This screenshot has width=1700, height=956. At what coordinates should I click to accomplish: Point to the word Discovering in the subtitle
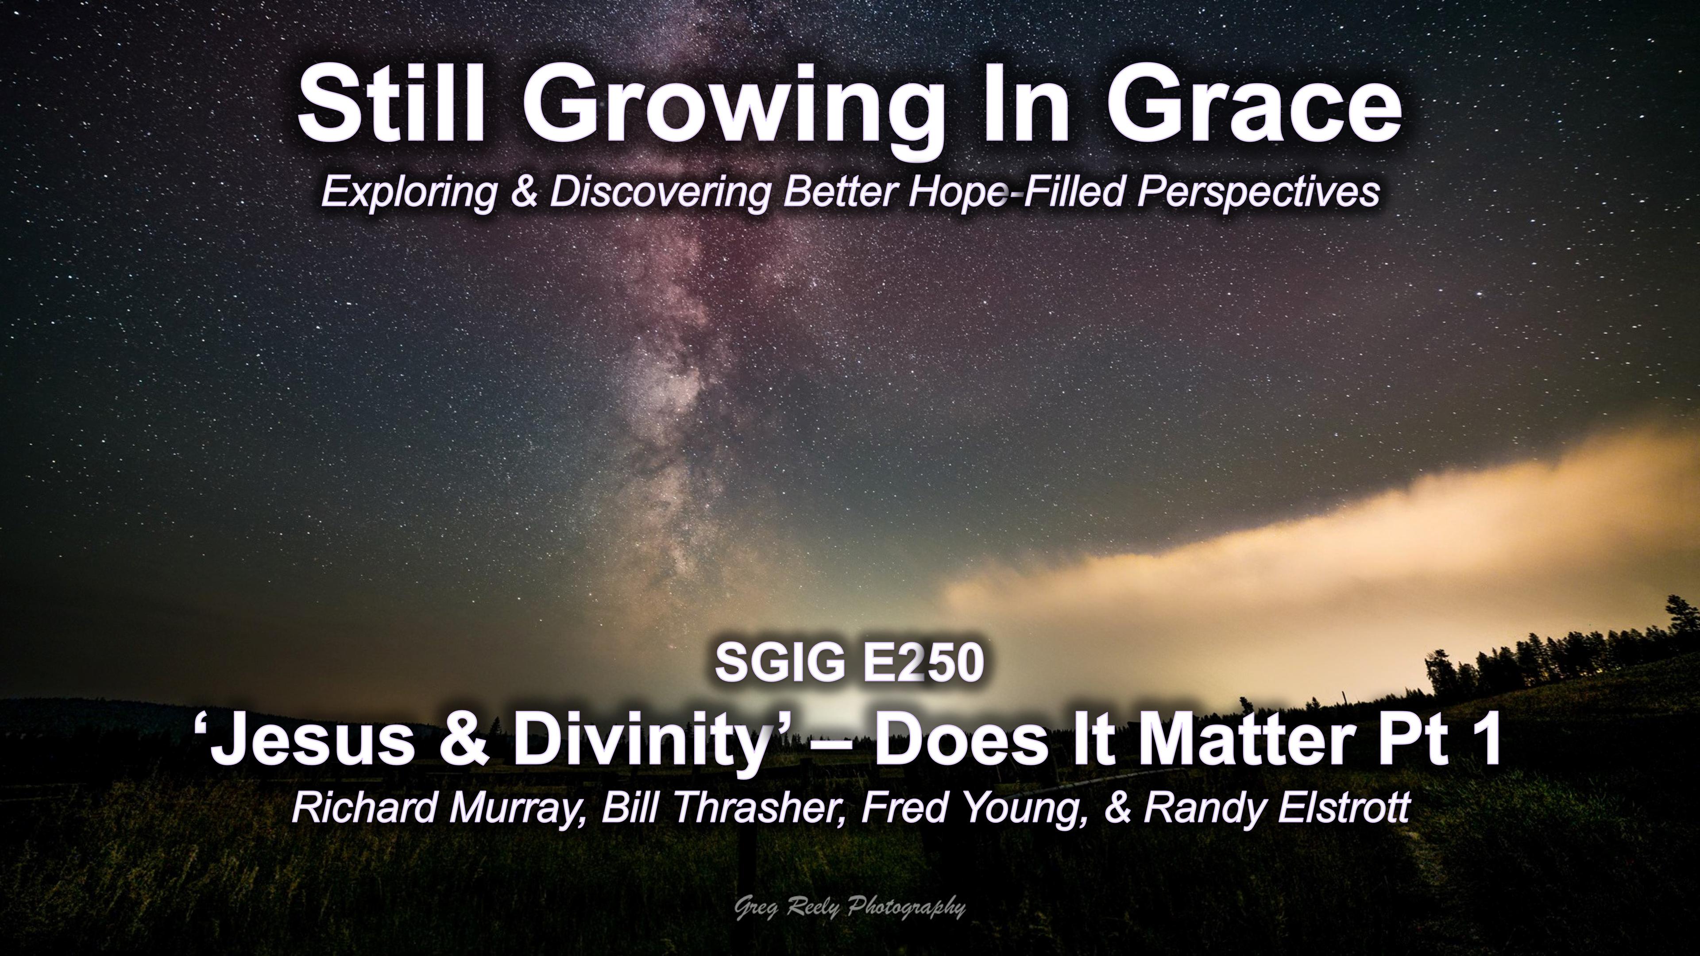[660, 191]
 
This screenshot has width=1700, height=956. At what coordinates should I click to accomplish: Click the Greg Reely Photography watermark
[850, 909]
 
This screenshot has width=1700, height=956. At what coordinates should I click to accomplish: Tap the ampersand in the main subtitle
[524, 191]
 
